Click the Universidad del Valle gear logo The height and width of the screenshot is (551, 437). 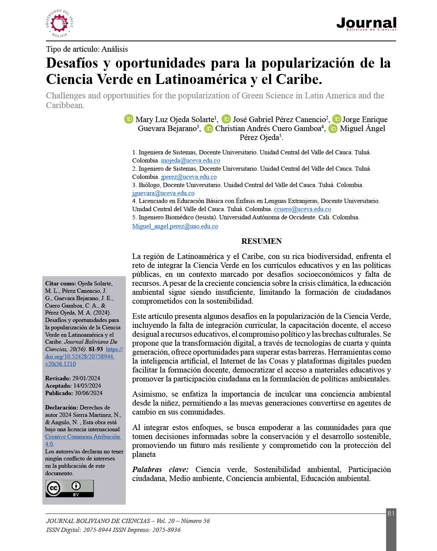[59, 24]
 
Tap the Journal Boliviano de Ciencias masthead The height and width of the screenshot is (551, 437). [366, 24]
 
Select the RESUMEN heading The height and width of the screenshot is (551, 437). [261, 241]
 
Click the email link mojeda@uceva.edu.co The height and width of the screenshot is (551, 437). [190, 161]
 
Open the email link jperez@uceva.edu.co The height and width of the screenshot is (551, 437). [189, 177]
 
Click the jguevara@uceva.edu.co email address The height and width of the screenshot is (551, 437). [163, 193]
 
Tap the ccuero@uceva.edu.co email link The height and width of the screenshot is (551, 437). [302, 209]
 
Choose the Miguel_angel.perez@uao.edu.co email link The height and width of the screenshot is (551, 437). [175, 226]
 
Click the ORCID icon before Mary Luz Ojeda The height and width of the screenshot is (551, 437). [129, 119]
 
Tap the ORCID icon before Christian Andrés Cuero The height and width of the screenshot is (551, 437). [209, 128]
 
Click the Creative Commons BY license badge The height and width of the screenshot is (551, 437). [70, 488]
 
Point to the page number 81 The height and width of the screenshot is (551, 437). [391, 513]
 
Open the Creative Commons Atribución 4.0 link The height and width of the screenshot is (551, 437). [83, 437]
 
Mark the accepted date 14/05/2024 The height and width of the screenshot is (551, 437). [87, 386]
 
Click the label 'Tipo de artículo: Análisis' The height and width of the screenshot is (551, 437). [87, 49]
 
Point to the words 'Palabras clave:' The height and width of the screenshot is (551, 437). [160, 469]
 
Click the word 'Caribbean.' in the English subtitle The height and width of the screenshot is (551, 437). [65, 105]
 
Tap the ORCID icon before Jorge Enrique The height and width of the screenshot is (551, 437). [336, 119]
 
